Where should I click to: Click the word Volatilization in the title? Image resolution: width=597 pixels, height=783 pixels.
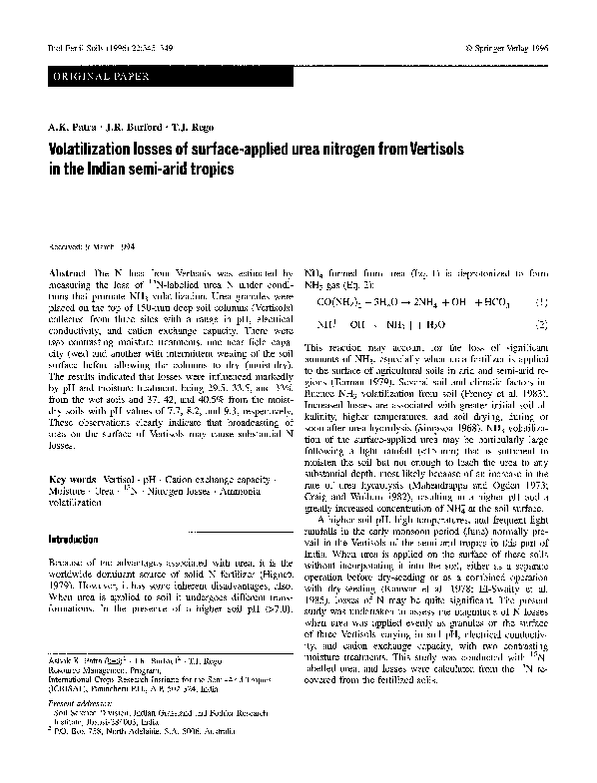[x=98, y=148]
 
